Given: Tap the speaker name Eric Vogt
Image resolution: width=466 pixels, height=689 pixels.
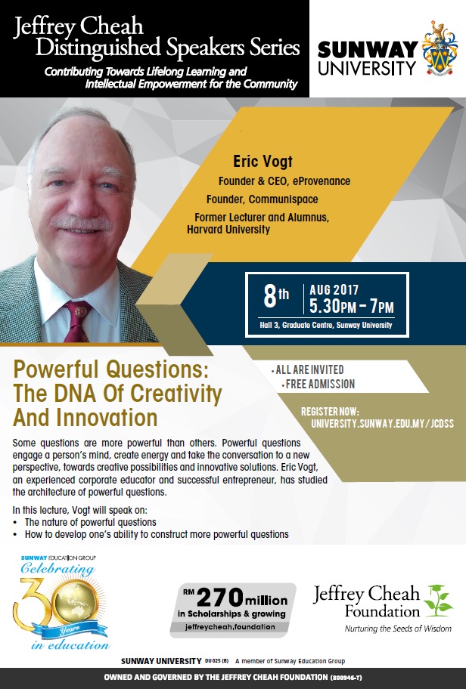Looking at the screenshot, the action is coord(263,162).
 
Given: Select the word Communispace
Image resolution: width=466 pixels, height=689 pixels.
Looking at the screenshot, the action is coord(283,199).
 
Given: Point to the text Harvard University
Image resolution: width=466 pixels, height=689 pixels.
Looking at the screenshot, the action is coord(228,230).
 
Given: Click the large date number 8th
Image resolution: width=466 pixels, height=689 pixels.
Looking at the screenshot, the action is coord(276,295).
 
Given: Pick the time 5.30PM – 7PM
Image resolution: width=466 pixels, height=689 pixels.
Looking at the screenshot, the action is coord(352,306).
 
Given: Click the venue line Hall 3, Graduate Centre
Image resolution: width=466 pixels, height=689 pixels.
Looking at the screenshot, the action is coord(325,325).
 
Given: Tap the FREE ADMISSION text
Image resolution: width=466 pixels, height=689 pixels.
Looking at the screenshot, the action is coord(320,384).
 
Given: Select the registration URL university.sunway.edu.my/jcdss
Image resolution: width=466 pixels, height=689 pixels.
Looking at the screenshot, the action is coord(382,424).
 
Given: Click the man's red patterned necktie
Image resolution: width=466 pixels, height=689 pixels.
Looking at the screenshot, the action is coord(76,321).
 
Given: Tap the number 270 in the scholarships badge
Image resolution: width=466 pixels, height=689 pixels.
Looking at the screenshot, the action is coord(219,598).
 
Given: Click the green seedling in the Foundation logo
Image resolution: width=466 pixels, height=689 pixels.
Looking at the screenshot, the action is coord(438,601).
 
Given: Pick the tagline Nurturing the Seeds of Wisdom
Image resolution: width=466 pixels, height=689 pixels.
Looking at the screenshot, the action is coord(398,629).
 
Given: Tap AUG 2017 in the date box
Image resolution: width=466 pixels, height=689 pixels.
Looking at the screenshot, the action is coord(334,290).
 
